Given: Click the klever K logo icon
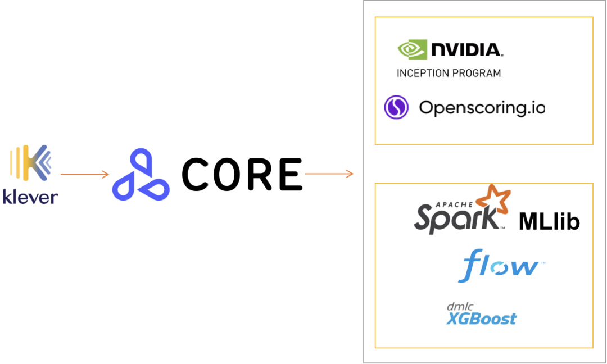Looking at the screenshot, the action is coord(30,163).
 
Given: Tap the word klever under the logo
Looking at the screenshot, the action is coord(30,197).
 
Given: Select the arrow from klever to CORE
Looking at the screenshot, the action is coord(85,175).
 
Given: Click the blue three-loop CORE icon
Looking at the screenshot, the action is coord(141,175).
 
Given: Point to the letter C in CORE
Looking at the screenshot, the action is coord(194,175).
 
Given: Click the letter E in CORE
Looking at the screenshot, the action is coord(291,175).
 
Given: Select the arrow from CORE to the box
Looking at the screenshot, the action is coord(329,174).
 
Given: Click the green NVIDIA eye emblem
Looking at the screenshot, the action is coord(413,49).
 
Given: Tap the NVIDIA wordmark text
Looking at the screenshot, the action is coord(467,50).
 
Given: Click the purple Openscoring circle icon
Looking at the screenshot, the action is coord(396,107).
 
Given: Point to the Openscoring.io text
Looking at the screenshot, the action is coord(482,107).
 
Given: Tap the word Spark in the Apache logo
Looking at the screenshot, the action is coord(457,218).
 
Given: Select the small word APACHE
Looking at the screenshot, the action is coord(454,204).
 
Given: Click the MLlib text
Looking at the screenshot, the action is coord(549,222).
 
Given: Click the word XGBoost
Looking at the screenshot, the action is coord(482,319).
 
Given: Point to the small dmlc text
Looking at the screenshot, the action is coord(460,306).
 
